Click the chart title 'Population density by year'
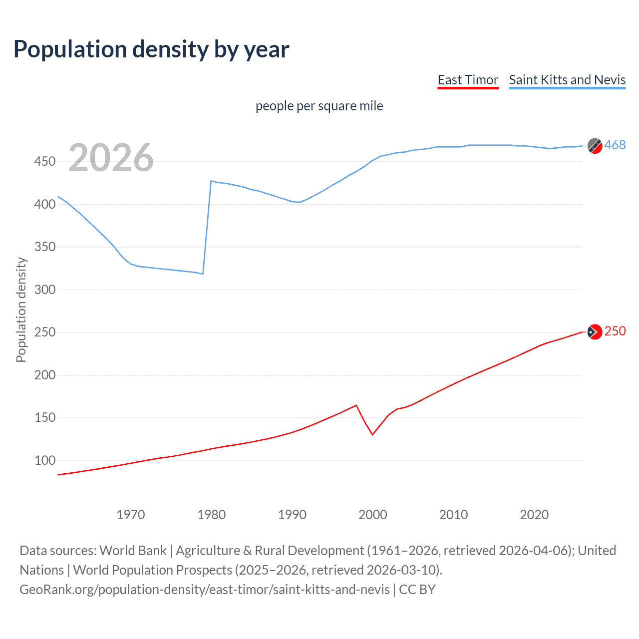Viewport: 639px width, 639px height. (x=151, y=49)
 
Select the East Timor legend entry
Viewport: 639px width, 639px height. (x=468, y=80)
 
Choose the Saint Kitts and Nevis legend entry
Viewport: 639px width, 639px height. (x=567, y=80)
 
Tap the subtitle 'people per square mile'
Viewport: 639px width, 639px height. (x=319, y=106)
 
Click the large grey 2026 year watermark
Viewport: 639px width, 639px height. (x=111, y=158)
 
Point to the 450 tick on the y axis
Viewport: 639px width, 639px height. (x=45, y=162)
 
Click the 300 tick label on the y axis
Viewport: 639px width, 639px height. (x=45, y=290)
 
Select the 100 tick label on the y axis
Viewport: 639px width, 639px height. (x=45, y=460)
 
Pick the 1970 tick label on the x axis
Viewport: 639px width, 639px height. (x=131, y=515)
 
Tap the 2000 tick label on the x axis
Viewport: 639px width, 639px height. (x=372, y=515)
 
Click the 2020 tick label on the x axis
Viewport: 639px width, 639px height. (x=534, y=515)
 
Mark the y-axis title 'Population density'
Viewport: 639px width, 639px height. (x=21, y=310)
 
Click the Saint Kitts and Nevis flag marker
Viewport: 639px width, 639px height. (x=595, y=146)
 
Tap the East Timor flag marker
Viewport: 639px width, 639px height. (x=595, y=332)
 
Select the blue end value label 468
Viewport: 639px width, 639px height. (x=615, y=145)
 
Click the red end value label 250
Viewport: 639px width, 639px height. (x=615, y=331)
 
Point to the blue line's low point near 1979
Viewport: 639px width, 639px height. (x=203, y=274)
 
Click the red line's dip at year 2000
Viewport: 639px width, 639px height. (x=372, y=435)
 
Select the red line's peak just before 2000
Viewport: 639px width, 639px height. (x=356, y=405)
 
